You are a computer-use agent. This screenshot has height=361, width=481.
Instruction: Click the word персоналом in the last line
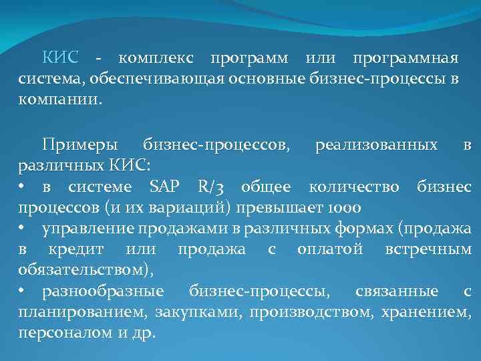point(56,333)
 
